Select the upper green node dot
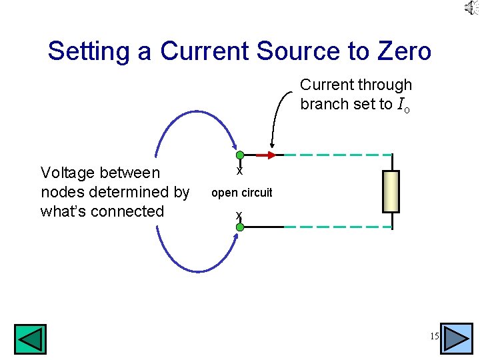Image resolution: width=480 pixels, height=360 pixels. click(240, 155)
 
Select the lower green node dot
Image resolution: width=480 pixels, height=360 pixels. click(240, 227)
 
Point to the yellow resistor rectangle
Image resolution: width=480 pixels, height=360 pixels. click(391, 191)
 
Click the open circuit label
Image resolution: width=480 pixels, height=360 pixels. click(241, 193)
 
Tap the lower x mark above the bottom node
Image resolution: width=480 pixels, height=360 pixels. click(238, 215)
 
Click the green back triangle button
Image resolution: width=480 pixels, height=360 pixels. click(30, 339)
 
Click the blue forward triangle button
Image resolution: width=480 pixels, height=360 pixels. click(457, 338)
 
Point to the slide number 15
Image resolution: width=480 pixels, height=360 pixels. click(434, 337)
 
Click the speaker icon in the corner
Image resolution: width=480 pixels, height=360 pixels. click(471, 8)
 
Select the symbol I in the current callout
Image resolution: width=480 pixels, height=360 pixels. click(400, 105)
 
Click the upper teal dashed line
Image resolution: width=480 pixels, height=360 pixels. click(333, 155)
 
